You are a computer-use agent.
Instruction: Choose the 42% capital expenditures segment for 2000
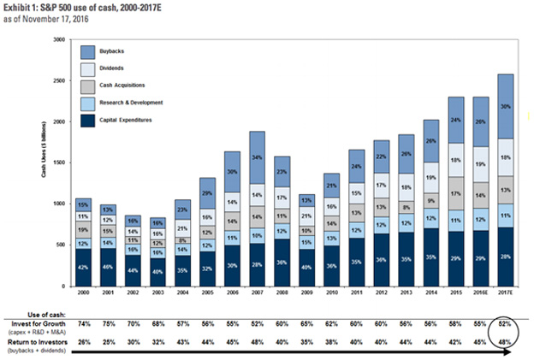82,268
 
